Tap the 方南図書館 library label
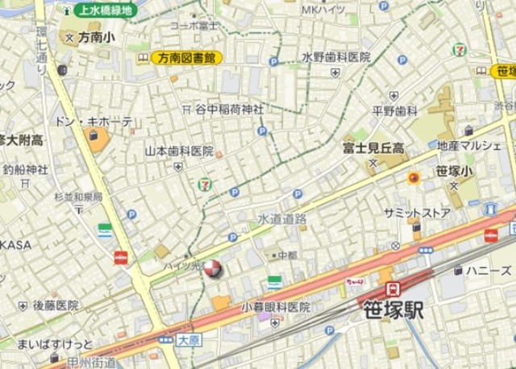click(x=186, y=58)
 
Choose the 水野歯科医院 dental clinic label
click(x=336, y=57)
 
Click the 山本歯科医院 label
click(x=178, y=151)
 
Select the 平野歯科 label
click(x=395, y=110)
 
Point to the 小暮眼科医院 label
click(x=276, y=307)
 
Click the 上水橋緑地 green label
click(x=103, y=10)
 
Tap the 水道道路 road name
click(x=282, y=218)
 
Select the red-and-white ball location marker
click(x=212, y=269)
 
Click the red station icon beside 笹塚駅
click(x=392, y=288)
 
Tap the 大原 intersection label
click(x=188, y=340)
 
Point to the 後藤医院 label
click(x=56, y=305)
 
